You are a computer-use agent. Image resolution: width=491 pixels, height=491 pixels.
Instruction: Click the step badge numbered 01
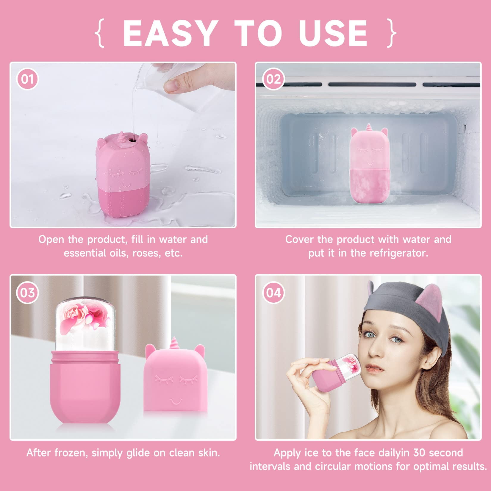[x=27, y=79]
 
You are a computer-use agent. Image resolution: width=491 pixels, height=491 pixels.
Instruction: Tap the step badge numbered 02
[x=273, y=79]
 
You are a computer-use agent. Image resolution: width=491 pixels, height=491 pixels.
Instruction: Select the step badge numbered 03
[x=27, y=293]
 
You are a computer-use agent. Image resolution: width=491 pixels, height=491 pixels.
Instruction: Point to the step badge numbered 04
[x=273, y=293]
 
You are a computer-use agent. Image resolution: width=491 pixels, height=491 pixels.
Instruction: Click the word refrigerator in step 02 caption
[x=399, y=253]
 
